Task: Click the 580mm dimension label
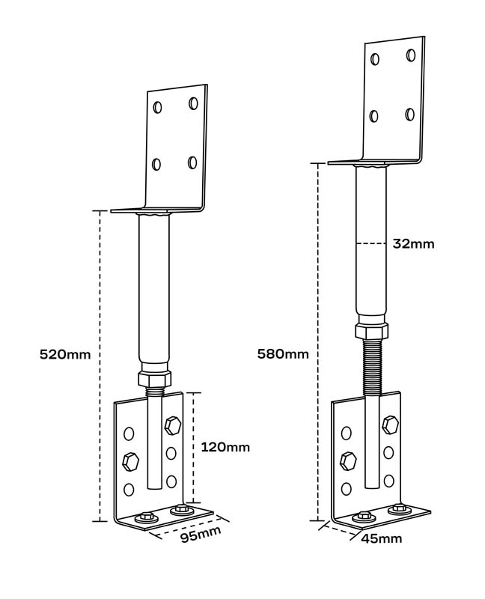pyautogui.click(x=282, y=353)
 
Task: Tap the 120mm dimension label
pyautogui.click(x=225, y=447)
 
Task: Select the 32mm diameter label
pyautogui.click(x=412, y=243)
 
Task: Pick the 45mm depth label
pyautogui.click(x=381, y=538)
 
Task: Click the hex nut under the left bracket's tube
pyautogui.click(x=156, y=378)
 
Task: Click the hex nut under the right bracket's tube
pyautogui.click(x=371, y=331)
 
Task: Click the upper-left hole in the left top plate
pyautogui.click(x=157, y=107)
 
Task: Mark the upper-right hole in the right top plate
pyautogui.click(x=411, y=55)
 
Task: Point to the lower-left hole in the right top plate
pyautogui.click(x=374, y=116)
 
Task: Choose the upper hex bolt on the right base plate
pyautogui.click(x=390, y=425)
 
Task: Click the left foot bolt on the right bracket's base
pyautogui.click(x=365, y=516)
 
